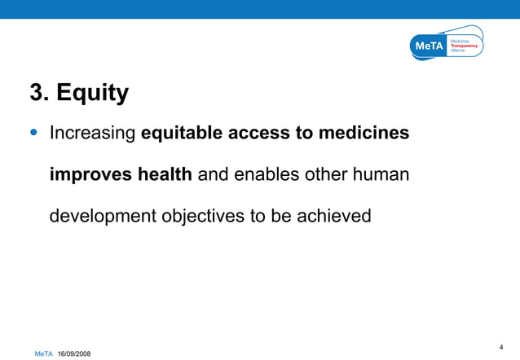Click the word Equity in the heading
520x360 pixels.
93,94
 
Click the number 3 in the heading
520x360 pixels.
37,93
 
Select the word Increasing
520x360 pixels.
92,133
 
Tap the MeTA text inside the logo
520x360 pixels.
429,46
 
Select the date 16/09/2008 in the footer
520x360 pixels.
74,353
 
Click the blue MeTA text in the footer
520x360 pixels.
43,353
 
